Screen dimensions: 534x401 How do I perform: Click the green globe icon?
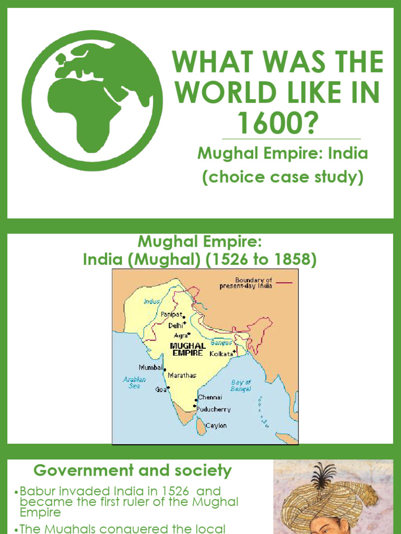[92, 101]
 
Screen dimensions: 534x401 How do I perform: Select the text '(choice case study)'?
[282, 177]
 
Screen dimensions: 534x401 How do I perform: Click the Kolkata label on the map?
[221, 354]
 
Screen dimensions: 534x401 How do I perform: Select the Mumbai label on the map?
[150, 367]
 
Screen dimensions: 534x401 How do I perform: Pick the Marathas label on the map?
[182, 375]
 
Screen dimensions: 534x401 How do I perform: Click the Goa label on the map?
[160, 389]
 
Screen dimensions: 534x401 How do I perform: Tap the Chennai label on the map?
[210, 397]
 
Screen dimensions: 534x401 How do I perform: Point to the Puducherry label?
[214, 409]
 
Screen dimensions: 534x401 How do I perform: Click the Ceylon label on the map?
[216, 426]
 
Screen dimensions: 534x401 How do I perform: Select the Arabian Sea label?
[134, 382]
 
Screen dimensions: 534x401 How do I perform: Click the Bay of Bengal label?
[241, 385]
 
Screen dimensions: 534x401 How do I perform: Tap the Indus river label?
[151, 301]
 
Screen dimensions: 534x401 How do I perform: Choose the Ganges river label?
[221, 343]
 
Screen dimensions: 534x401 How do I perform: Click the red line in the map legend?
[284, 282]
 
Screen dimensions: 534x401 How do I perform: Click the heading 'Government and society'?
[133, 471]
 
